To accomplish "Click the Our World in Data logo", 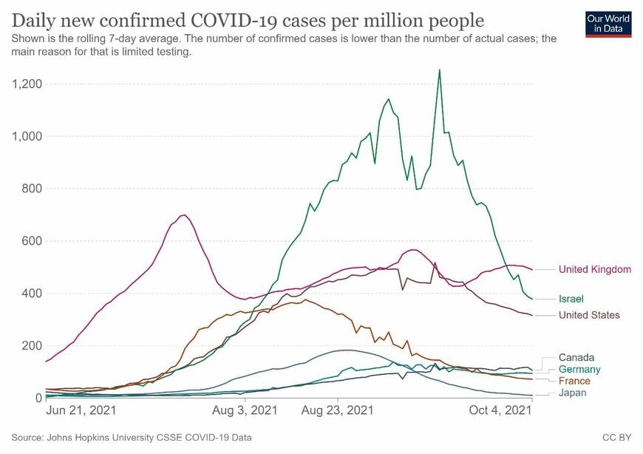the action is pyautogui.click(x=608, y=24).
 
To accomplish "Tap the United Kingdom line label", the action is pyautogui.click(x=595, y=269).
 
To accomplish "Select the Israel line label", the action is pyautogui.click(x=571, y=299).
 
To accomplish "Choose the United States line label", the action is pyautogui.click(x=589, y=315).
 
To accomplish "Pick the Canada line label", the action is pyautogui.click(x=576, y=357).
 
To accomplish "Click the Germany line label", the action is pyautogui.click(x=579, y=369).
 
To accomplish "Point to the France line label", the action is pyautogui.click(x=574, y=381).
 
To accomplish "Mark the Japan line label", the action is pyautogui.click(x=573, y=393).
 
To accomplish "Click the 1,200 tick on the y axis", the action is pyautogui.click(x=27, y=84).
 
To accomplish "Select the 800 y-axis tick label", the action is pyautogui.click(x=32, y=189).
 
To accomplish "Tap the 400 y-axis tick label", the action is pyautogui.click(x=32, y=294).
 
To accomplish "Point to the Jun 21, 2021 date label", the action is pyautogui.click(x=81, y=410).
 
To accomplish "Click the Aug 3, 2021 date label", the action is pyautogui.click(x=245, y=410).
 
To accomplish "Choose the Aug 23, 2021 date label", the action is pyautogui.click(x=338, y=410).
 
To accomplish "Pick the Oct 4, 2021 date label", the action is pyautogui.click(x=500, y=410).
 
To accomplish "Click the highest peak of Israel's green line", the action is pyautogui.click(x=440, y=70).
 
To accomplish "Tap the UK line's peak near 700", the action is pyautogui.click(x=184, y=215).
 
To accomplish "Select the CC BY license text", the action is pyautogui.click(x=616, y=437).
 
